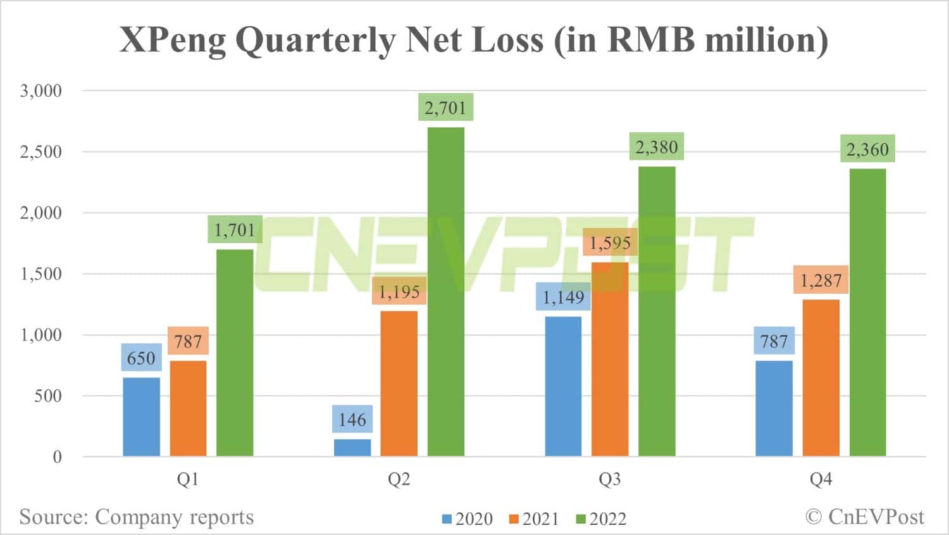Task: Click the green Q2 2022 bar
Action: pyautogui.click(x=446, y=291)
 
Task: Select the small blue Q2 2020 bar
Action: pyautogui.click(x=352, y=448)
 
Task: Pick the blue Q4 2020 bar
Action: pyautogui.click(x=774, y=408)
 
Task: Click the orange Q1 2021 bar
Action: pyautogui.click(x=188, y=408)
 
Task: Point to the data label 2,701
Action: pyautogui.click(x=445, y=108)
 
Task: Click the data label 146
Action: pyautogui.click(x=352, y=419)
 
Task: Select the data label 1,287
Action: pyautogui.click(x=821, y=280)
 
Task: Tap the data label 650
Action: pyautogui.click(x=141, y=358)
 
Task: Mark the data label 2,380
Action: pyautogui.click(x=656, y=148)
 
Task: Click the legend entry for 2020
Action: pyautogui.click(x=468, y=519)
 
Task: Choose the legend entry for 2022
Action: pyautogui.click(x=601, y=519)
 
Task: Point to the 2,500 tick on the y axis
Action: pyautogui.click(x=41, y=152)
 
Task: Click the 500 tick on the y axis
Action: pyautogui.click(x=48, y=396)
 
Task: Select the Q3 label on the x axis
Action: pyautogui.click(x=609, y=479)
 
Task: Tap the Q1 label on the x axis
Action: pyautogui.click(x=188, y=479)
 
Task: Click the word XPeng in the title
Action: pyautogui.click(x=173, y=40)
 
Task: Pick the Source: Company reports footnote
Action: pyautogui.click(x=137, y=517)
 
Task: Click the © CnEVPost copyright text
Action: pyautogui.click(x=864, y=517)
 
